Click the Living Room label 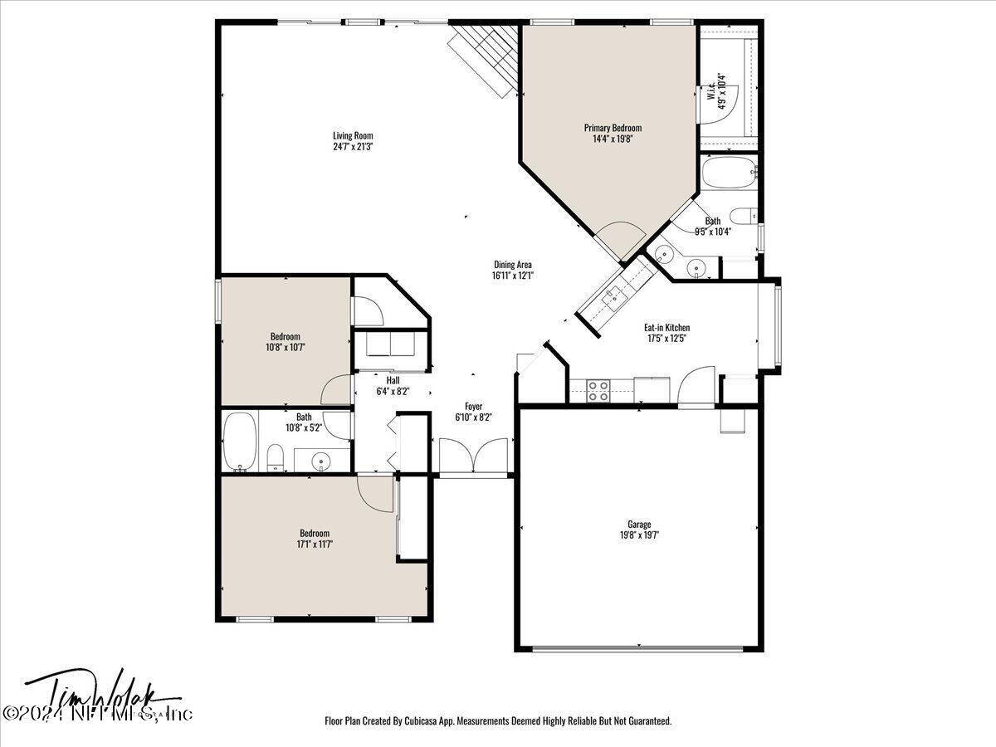pos(353,135)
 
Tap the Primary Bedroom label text pos(613,128)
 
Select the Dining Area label pos(511,265)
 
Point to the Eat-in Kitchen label pos(667,328)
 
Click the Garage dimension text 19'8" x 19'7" pos(638,535)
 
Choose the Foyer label pos(473,406)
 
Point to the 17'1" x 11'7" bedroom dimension pos(315,544)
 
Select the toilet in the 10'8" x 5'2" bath pos(276,456)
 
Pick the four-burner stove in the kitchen pos(598,390)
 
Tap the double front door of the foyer pos(472,457)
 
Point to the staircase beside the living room pos(486,54)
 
